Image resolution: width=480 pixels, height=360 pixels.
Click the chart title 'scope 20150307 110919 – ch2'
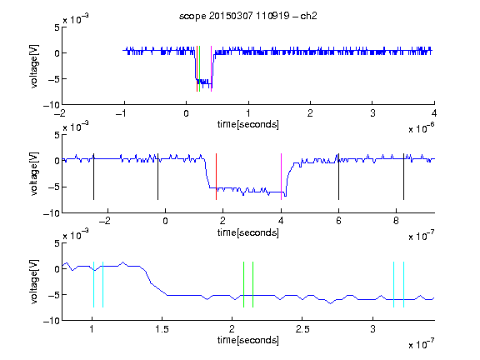[247, 16]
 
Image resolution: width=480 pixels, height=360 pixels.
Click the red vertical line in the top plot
[197, 68]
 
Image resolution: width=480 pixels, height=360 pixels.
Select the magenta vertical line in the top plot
[211, 68]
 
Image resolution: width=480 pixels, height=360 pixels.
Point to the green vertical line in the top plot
[200, 68]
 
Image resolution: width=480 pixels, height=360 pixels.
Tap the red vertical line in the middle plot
[216, 177]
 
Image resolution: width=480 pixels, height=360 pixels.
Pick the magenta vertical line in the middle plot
[281, 177]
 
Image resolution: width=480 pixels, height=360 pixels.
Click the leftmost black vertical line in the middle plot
[93, 177]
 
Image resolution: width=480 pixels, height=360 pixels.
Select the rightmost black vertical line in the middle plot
[403, 177]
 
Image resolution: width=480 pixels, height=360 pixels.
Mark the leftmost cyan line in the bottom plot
[93, 284]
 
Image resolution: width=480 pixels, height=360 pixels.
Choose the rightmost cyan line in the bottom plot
[404, 284]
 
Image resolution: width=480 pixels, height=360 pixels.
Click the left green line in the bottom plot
[243, 284]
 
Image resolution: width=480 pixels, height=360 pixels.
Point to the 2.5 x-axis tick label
[302, 329]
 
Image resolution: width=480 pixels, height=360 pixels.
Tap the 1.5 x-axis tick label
[162, 329]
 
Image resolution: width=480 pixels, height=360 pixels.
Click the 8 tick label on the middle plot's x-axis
[396, 221]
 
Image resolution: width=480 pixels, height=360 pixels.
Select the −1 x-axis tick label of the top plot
[121, 113]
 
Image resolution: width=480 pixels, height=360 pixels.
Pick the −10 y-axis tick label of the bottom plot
[51, 321]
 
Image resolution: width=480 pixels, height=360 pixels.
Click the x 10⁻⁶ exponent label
[421, 127]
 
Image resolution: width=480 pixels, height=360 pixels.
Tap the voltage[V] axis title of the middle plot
[34, 173]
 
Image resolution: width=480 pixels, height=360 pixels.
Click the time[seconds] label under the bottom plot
[248, 340]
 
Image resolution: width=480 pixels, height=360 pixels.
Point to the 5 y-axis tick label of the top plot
[57, 27]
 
